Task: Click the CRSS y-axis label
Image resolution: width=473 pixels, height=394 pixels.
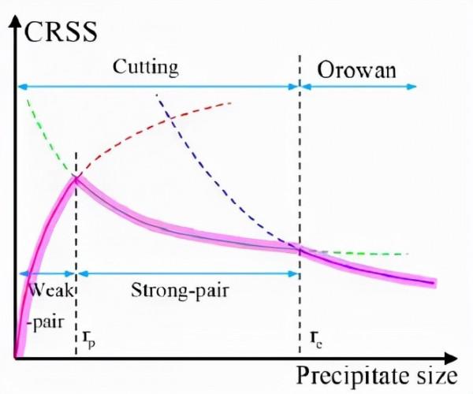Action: (61, 32)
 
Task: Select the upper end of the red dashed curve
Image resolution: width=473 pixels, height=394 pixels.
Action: (231, 102)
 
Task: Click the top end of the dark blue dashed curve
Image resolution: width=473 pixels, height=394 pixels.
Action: (158, 95)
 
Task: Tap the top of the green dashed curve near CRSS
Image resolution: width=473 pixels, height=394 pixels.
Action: (28, 99)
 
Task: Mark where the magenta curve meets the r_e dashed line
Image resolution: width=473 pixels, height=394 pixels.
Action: (300, 249)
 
